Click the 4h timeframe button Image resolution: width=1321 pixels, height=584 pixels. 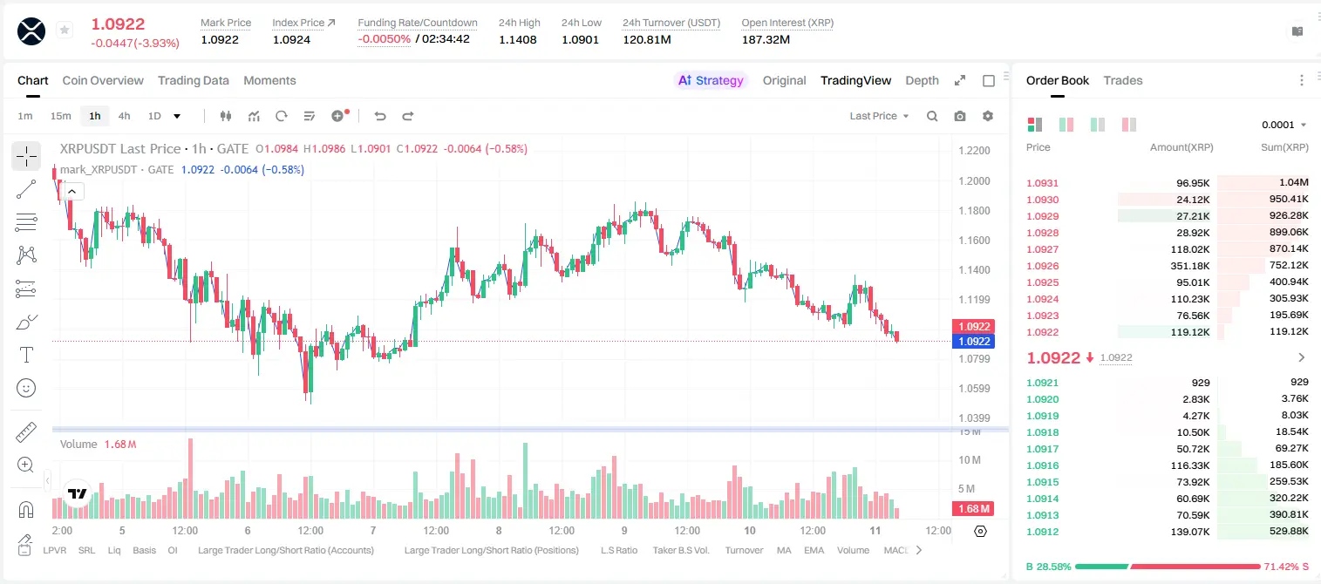pyautogui.click(x=124, y=116)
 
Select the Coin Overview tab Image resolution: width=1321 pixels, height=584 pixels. pyautogui.click(x=103, y=80)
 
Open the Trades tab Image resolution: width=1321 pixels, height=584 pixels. pyautogui.click(x=1123, y=80)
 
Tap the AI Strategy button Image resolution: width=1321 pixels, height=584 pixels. pyautogui.click(x=711, y=80)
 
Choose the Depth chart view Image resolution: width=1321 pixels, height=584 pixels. pyautogui.click(x=922, y=80)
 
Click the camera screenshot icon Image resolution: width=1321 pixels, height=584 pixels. pyautogui.click(x=960, y=116)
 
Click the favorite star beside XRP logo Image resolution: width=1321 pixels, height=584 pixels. pyautogui.click(x=65, y=30)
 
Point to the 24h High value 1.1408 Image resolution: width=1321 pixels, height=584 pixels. pyautogui.click(x=518, y=39)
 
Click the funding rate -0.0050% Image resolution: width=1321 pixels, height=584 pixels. pyautogui.click(x=384, y=39)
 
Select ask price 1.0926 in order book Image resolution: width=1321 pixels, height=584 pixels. pyautogui.click(x=1042, y=266)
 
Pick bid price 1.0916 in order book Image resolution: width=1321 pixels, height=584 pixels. pyautogui.click(x=1042, y=465)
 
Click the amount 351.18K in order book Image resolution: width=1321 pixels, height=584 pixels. pyautogui.click(x=1189, y=266)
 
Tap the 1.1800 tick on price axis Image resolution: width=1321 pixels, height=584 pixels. pyautogui.click(x=974, y=210)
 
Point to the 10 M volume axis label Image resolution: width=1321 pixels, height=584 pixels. pyautogui.click(x=970, y=459)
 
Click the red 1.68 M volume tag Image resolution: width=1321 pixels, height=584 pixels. pyautogui.click(x=973, y=508)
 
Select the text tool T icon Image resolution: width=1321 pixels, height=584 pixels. pyautogui.click(x=26, y=355)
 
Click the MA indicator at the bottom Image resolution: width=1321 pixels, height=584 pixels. pyautogui.click(x=784, y=550)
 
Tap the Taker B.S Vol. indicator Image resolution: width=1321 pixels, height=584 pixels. pyautogui.click(x=680, y=550)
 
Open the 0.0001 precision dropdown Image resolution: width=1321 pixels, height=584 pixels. pyautogui.click(x=1284, y=125)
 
